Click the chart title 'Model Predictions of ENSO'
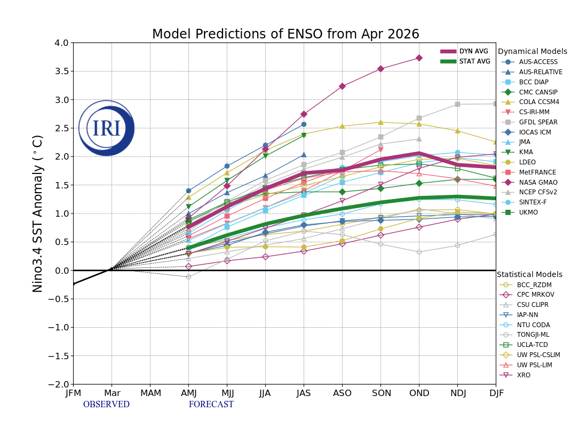(x=285, y=35)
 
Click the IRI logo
(x=107, y=128)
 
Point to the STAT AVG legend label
(x=474, y=61)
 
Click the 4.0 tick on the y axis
(x=62, y=43)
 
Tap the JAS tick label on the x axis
(x=304, y=393)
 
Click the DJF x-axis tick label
(x=496, y=393)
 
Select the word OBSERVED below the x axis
(x=106, y=405)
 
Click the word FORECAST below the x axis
(x=211, y=405)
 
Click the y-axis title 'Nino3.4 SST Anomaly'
(x=38, y=213)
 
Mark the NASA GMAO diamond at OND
(x=419, y=58)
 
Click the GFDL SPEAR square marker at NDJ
(x=457, y=104)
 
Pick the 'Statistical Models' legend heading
(x=529, y=274)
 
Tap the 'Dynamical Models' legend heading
(x=532, y=52)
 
